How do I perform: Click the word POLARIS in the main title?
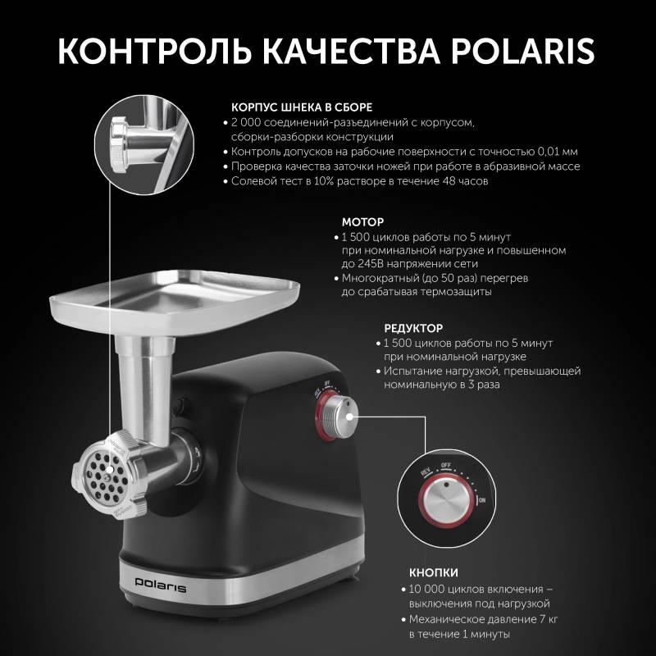522,51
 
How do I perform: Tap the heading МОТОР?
362,221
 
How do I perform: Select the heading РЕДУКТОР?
413,328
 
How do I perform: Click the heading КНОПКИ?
434,572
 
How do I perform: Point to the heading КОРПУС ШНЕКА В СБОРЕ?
302,107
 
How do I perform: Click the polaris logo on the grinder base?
160,584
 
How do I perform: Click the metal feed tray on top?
175,299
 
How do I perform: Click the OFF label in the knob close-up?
445,465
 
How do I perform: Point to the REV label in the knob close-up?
426,472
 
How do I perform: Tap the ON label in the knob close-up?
482,500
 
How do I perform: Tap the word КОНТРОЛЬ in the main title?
154,51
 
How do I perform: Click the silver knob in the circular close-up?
445,500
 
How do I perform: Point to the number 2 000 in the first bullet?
244,122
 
